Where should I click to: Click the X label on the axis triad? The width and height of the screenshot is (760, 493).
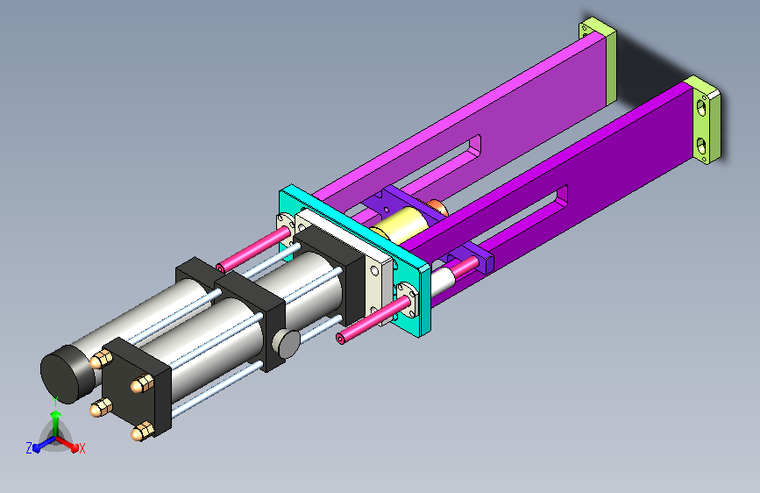pos(82,448)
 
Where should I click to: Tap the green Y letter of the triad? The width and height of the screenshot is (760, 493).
pos(55,402)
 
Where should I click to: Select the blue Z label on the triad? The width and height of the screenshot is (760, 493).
pos(29,448)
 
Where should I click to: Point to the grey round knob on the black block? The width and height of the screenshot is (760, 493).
pos(287,343)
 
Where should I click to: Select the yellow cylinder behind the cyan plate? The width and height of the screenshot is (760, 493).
pos(400,225)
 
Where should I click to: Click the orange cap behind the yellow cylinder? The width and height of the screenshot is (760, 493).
pos(438,207)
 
